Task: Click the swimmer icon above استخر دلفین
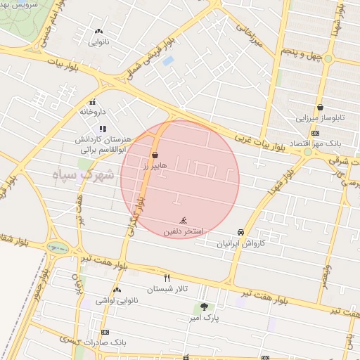point(184,220)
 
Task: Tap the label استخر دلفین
point(184,231)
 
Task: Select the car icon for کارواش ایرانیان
point(240,232)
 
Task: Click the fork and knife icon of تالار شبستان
point(167,278)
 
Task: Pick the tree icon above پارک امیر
point(204,307)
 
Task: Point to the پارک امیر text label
point(205,318)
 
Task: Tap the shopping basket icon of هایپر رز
point(155,155)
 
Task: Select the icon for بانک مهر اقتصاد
point(316,133)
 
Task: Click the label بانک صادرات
point(105,342)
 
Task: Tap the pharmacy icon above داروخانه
point(93,101)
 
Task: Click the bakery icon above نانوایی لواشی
point(117,290)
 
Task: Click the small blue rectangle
point(167,61)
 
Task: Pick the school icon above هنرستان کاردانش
point(103,129)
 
